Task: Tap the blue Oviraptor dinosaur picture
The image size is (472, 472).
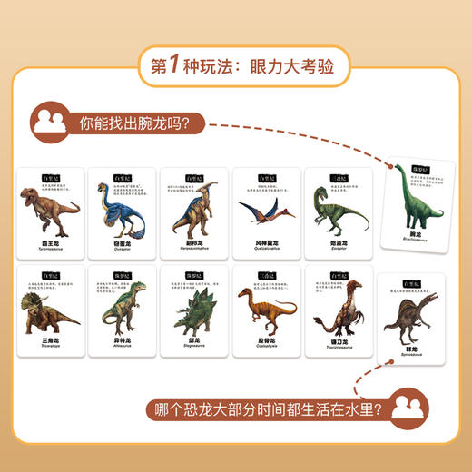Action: click(119, 211)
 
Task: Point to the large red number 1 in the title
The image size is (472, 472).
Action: click(182, 65)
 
